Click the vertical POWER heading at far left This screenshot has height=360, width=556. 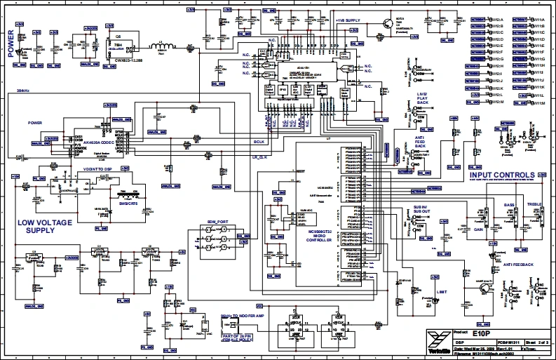10,43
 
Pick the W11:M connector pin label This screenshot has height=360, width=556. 538,102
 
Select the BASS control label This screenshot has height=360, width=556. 510,204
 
